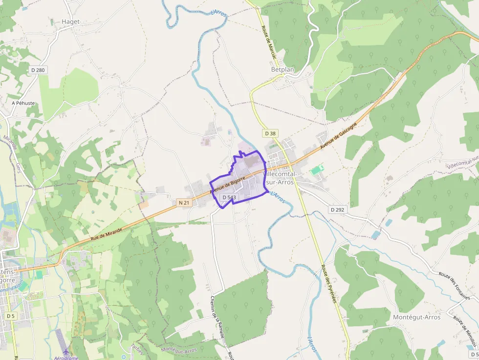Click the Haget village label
(70, 22)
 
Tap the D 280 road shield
(38, 70)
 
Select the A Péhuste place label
(23, 104)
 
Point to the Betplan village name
(283, 70)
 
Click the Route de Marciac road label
(269, 42)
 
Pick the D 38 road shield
(270, 133)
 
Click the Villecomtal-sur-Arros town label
(286, 178)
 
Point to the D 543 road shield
(229, 197)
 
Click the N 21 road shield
(184, 202)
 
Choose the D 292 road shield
(337, 210)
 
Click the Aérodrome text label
(66, 358)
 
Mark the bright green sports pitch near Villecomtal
(316, 170)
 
